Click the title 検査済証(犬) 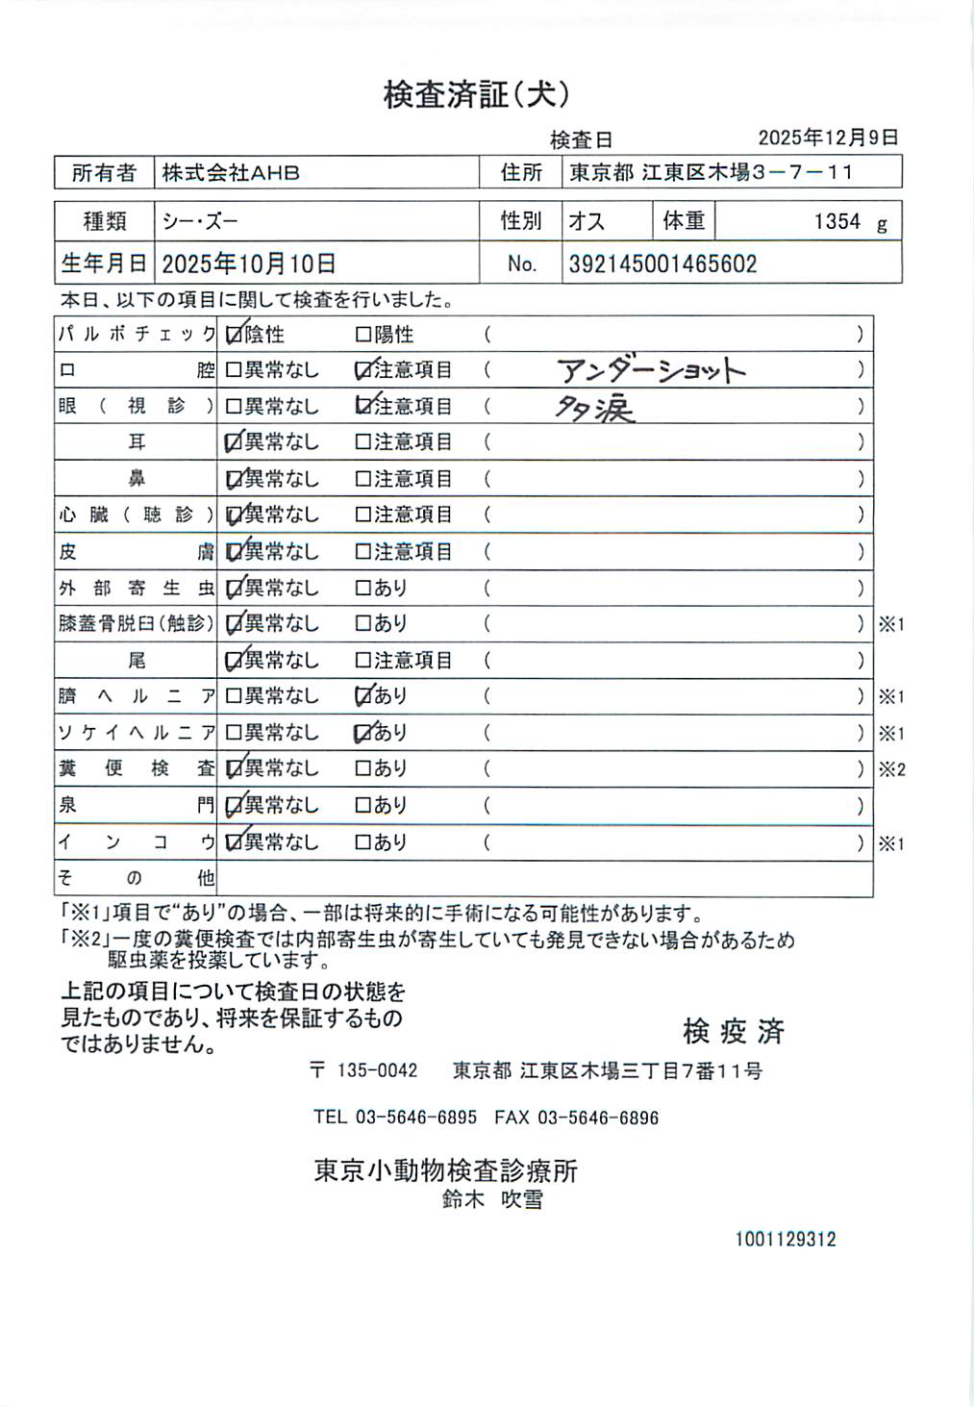tap(477, 94)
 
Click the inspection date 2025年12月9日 tap(828, 138)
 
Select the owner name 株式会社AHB tap(231, 173)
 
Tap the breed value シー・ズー tap(200, 222)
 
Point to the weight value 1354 tap(837, 222)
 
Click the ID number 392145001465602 tap(662, 264)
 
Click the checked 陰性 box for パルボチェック tap(234, 335)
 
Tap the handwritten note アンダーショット tap(651, 370)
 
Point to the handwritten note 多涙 tap(594, 410)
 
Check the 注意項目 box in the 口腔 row tap(363, 370)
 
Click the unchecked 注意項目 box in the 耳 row tap(363, 442)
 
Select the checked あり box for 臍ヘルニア tap(363, 695)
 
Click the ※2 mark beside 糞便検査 tap(891, 769)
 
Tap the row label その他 tap(136, 878)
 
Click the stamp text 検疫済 tap(734, 1032)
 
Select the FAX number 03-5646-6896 tap(597, 1118)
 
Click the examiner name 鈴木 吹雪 tap(492, 1199)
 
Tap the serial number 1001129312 tap(786, 1240)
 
